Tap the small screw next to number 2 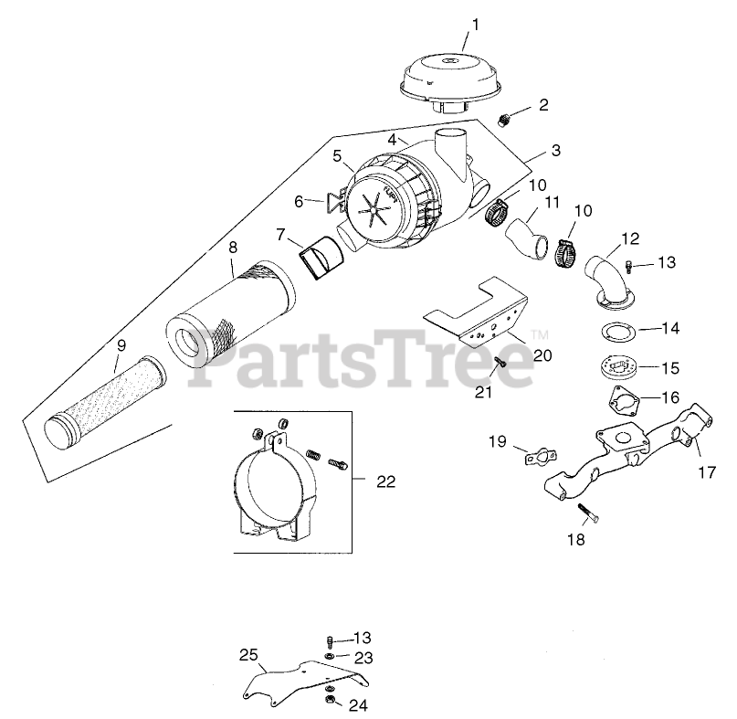504,119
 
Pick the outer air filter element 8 231,315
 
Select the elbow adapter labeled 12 605,281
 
